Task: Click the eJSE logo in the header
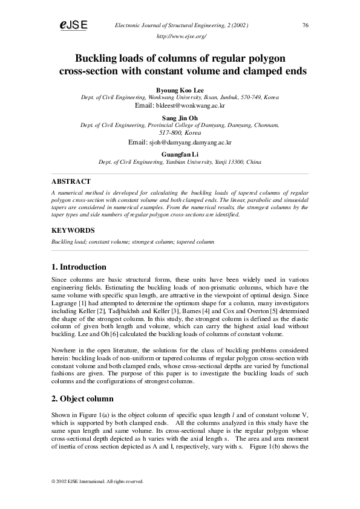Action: tap(73, 25)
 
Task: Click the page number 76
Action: tap(306, 25)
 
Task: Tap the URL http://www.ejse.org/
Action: tap(181, 37)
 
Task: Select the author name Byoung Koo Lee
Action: tap(180, 90)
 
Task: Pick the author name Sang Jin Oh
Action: tap(180, 117)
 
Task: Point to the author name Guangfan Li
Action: tap(180, 155)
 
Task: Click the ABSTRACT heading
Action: tap(71, 181)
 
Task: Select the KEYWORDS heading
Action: tap(73, 230)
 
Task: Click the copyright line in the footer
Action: tap(97, 481)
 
